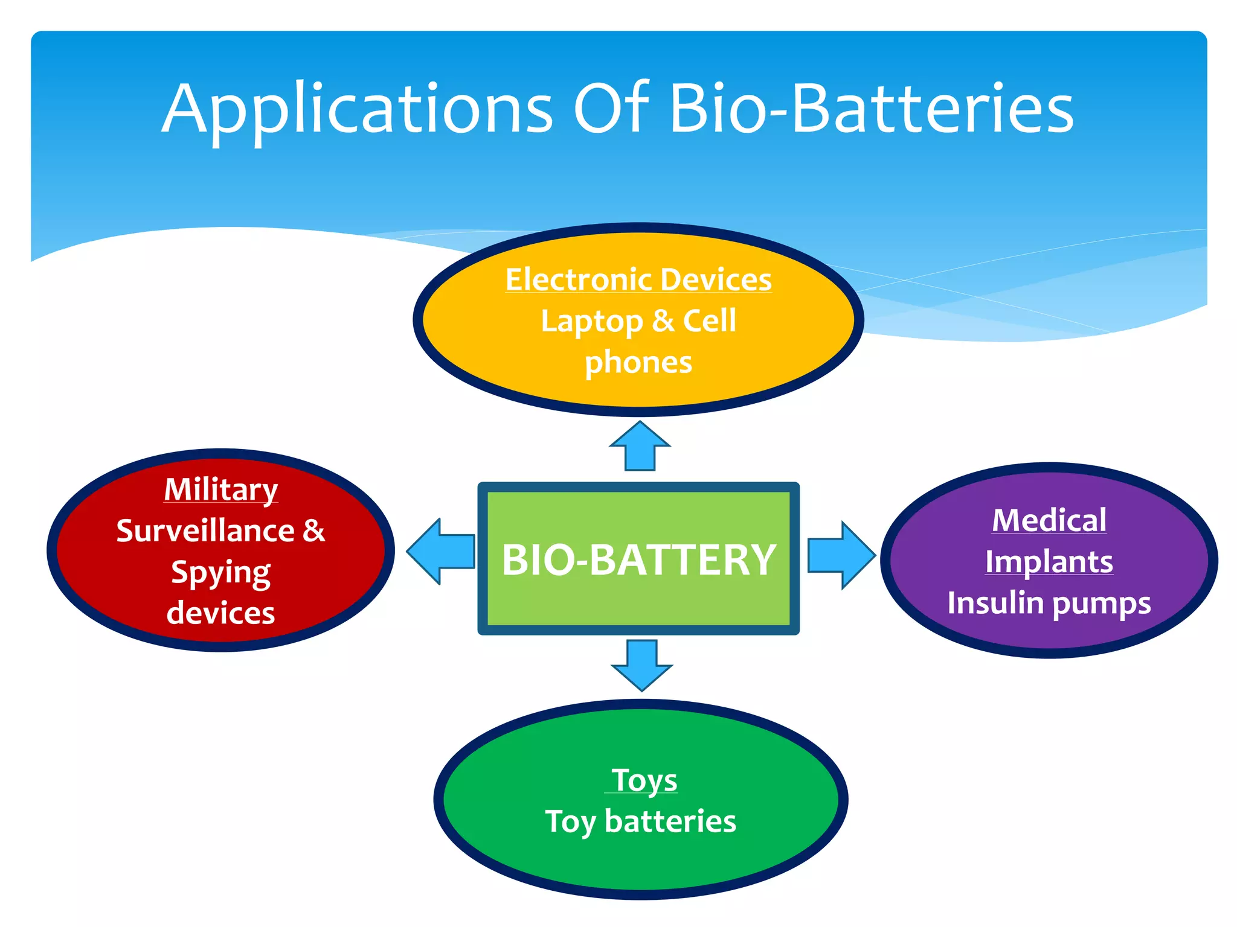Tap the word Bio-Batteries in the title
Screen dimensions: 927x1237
point(871,109)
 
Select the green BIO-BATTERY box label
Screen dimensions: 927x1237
point(638,559)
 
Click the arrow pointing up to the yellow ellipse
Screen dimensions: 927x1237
point(640,447)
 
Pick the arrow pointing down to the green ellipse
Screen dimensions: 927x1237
point(641,664)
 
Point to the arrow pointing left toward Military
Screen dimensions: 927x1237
point(441,551)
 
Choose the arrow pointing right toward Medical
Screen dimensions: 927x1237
point(841,554)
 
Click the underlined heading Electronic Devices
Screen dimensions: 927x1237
point(638,280)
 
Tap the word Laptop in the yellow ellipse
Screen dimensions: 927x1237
point(591,321)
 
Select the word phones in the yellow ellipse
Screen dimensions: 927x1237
point(638,363)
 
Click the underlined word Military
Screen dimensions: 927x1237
point(221,489)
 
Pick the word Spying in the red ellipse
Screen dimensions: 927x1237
point(221,573)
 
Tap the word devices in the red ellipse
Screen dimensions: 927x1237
point(221,613)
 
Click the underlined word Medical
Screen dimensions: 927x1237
point(1049,520)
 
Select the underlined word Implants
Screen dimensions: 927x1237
point(1049,562)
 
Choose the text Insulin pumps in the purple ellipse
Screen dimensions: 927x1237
point(1049,603)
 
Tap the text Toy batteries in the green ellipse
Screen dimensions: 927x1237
point(640,821)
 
